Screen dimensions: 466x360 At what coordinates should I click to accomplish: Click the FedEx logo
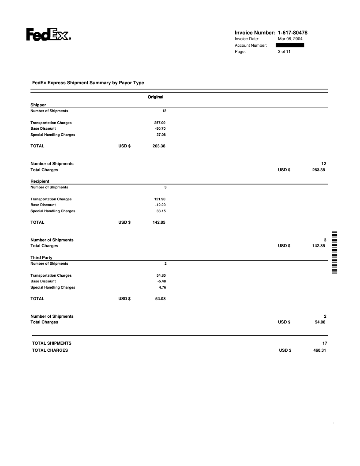(x=49, y=35)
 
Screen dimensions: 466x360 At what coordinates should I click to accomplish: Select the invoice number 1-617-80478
(x=293, y=33)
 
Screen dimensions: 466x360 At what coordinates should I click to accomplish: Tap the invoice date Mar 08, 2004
(x=290, y=39)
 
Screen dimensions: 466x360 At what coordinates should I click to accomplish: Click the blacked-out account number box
(x=290, y=45)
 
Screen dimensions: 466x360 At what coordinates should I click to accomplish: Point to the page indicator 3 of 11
(x=284, y=52)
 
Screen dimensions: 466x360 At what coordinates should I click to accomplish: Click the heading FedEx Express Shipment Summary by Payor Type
(x=88, y=83)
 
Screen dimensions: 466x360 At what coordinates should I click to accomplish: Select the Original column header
(x=155, y=97)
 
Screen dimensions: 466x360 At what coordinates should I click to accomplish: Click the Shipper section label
(x=38, y=105)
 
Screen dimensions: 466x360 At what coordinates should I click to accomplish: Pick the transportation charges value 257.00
(x=159, y=123)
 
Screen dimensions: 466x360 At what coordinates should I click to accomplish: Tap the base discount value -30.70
(x=160, y=128)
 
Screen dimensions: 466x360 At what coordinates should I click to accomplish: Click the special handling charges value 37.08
(x=161, y=135)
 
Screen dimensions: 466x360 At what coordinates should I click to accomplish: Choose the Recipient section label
(x=40, y=181)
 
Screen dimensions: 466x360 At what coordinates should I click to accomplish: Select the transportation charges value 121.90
(x=159, y=199)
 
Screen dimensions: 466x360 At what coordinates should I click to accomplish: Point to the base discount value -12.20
(x=160, y=205)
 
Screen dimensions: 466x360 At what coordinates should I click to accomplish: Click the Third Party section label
(x=41, y=258)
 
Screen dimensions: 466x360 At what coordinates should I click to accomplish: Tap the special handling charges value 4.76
(x=161, y=287)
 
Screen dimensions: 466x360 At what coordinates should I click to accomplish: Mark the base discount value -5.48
(x=161, y=281)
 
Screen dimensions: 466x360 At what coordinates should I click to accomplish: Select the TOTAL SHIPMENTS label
(x=52, y=343)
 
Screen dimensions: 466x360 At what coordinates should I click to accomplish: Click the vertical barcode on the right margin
(x=334, y=252)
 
